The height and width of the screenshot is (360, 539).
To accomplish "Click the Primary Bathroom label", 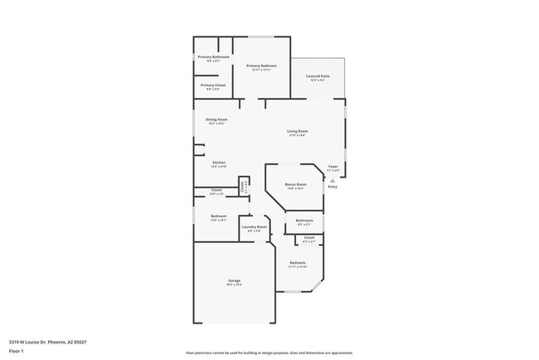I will (213, 56).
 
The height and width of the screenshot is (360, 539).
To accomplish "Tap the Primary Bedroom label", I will (261, 66).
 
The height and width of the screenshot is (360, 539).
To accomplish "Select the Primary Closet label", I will (213, 85).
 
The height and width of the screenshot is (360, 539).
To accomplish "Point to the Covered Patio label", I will (318, 76).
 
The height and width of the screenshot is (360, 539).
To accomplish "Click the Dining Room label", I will (217, 119).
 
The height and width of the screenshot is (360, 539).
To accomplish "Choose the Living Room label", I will (298, 131).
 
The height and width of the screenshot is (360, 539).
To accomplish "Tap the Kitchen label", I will (219, 163).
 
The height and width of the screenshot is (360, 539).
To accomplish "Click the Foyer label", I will (333, 167).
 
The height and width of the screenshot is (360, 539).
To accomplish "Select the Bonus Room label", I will (296, 184).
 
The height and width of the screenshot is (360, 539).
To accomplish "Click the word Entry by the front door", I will (333, 187).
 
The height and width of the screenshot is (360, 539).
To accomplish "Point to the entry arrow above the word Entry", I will (333, 178).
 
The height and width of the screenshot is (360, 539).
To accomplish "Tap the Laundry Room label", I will (255, 226).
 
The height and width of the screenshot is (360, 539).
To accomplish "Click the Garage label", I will (235, 280).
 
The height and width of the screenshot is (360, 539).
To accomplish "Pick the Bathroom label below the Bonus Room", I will (304, 220).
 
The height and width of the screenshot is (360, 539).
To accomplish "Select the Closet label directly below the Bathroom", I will (308, 237).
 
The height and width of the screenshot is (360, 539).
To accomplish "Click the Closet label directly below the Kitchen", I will (216, 190).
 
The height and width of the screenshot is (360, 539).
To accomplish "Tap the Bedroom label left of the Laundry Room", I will (219, 216).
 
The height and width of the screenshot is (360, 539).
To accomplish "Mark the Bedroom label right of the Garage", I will (298, 263).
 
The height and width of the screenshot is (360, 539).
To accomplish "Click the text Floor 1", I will (17, 351).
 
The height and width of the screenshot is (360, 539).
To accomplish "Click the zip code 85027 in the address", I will (80, 342).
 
